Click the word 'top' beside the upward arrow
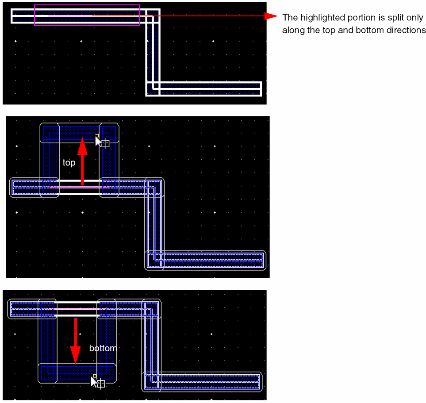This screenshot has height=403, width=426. point(69,163)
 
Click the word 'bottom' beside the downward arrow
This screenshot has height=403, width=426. point(103,348)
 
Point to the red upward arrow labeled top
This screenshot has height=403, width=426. point(82,161)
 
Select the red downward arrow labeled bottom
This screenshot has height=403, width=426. point(75,341)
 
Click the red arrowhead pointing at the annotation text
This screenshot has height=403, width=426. point(271,16)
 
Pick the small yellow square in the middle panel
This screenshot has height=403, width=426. point(97,135)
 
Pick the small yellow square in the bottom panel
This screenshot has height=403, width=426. point(95,376)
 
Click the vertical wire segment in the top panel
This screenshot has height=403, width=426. point(153,52)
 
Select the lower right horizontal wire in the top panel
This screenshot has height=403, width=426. point(204,89)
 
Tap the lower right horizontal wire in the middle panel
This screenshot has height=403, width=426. point(205,260)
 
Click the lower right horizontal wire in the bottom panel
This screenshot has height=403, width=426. point(202,381)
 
